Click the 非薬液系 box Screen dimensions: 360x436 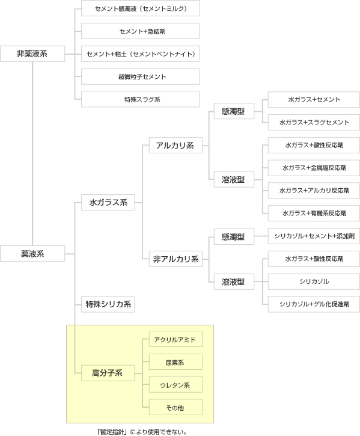click(32, 54)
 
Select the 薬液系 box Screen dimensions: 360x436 click(32, 253)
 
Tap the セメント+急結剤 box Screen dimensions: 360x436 click(141, 31)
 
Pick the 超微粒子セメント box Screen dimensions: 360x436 click(141, 76)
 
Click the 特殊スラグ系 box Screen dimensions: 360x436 click(141, 99)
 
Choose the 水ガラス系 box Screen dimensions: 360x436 click(108, 203)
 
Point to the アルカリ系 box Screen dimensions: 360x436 click(175, 145)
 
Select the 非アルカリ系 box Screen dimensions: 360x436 click(175, 259)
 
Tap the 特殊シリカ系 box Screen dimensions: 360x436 click(108, 304)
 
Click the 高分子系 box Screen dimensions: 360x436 click(108, 373)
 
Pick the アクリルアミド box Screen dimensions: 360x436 click(175, 339)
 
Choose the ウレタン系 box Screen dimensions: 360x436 click(175, 384)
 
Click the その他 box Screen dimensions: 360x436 click(175, 407)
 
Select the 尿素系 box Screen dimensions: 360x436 click(175, 362)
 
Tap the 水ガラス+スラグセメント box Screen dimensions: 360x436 click(314, 122)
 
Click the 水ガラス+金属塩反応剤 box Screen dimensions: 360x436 click(314, 168)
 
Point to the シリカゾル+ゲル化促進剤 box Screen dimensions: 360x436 click(314, 304)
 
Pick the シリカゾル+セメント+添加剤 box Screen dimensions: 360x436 click(314, 236)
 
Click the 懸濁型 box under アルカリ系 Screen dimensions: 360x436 click(234, 111)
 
